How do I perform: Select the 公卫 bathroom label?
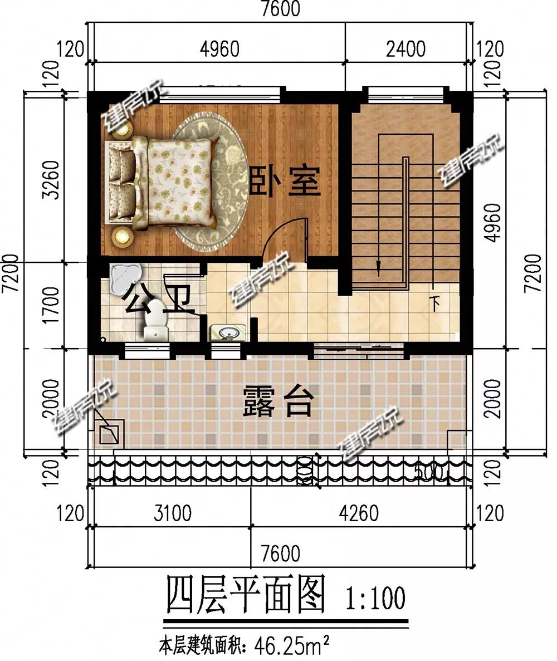pos(159,298)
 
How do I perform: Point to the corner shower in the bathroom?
pos(124,278)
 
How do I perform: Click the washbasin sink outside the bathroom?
pos(227,333)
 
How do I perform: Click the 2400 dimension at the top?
pos(405,49)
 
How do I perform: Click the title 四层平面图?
pos(245,596)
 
